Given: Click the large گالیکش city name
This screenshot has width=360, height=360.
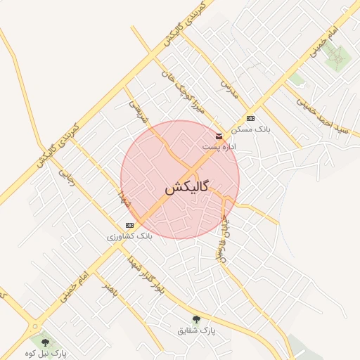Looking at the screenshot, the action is (186, 188).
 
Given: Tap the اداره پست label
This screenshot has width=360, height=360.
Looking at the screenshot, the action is (219, 147).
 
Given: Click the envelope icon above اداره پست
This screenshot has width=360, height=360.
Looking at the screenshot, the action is (219, 136).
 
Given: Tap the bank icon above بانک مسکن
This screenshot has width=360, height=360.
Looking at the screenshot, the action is (251, 118).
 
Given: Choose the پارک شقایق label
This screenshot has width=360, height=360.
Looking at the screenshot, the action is (196, 329).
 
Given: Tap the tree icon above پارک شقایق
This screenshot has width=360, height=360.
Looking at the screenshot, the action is (196, 319).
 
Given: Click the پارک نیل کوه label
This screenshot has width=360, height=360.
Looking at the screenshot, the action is (45, 352).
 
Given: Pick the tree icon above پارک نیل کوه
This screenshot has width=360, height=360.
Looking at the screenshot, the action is (45, 342).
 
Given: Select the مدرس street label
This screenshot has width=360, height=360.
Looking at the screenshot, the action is (226, 89).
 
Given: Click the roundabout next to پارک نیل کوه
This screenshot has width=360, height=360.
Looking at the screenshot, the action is (33, 326).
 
